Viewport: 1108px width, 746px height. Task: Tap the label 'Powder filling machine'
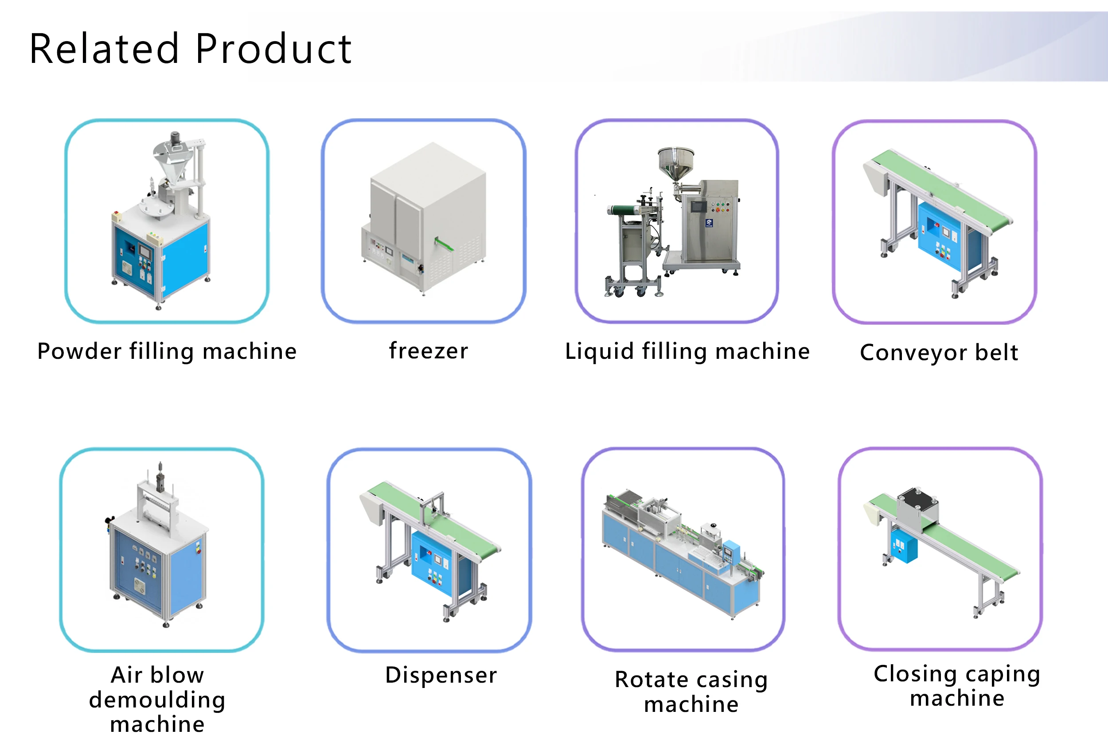(x=167, y=352)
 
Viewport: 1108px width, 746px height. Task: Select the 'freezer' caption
(x=428, y=351)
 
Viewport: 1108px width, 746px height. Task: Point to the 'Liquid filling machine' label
(x=687, y=352)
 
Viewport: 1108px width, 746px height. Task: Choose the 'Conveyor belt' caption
(x=939, y=353)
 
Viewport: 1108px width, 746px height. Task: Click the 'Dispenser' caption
(x=441, y=675)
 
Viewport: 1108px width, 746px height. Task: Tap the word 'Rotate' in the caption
(x=652, y=680)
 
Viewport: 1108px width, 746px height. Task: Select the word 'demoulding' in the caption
(x=157, y=699)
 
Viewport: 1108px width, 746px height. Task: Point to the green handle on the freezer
(x=444, y=244)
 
